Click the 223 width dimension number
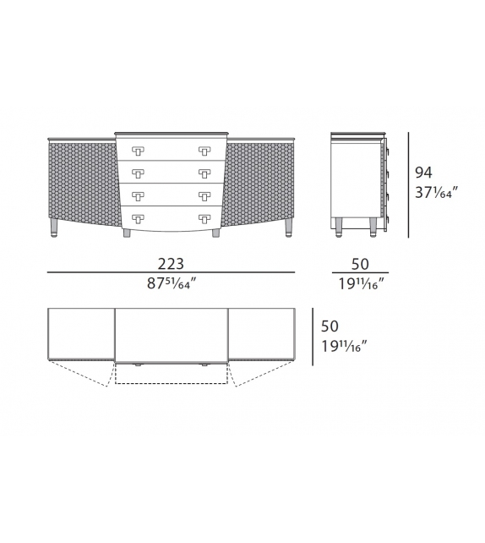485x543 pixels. pos(171,264)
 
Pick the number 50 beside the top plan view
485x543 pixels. pos(330,326)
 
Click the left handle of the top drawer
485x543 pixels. pos(136,151)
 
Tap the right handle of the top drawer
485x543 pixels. pos(204,151)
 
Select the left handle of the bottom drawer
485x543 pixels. pos(136,217)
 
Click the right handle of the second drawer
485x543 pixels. pos(204,173)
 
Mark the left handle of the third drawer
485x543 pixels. pos(136,195)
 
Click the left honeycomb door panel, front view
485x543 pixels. pos(80,182)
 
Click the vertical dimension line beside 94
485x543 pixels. pos(408,184)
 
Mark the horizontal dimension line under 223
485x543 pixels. pos(171,273)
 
